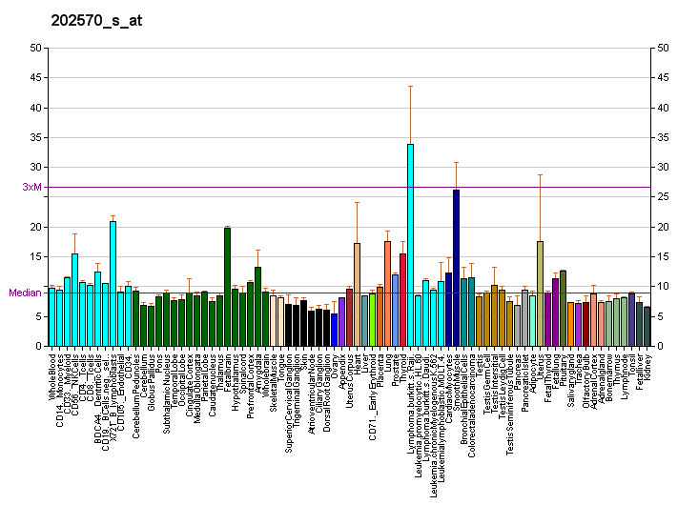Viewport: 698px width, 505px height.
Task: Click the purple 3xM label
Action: click(32, 187)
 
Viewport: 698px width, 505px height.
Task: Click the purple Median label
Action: click(25, 293)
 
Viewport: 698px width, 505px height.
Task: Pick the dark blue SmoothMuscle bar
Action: click(456, 268)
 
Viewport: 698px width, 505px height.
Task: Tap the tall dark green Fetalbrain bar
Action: click(227, 287)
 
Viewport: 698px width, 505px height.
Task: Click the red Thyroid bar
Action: click(402, 299)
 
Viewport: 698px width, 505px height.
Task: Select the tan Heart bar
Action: click(357, 294)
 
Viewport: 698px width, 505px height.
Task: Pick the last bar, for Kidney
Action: click(647, 327)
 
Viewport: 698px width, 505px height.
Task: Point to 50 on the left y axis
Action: click(35, 48)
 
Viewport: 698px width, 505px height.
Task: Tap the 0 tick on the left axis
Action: click(38, 346)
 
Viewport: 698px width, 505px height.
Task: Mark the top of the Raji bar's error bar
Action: click(410, 87)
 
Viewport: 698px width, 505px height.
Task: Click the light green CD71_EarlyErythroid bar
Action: click(372, 319)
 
